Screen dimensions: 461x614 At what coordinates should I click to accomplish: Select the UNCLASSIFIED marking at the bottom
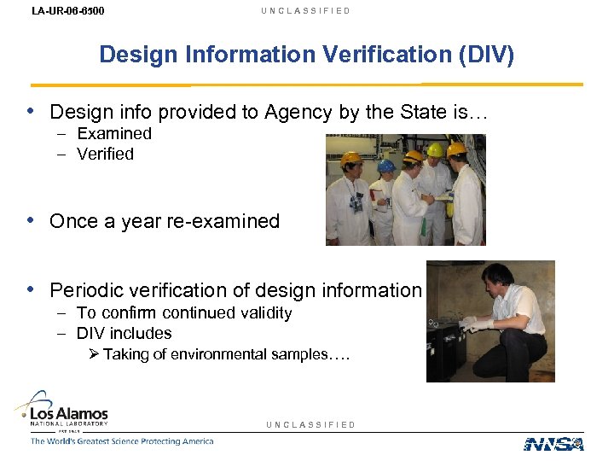click(x=310, y=424)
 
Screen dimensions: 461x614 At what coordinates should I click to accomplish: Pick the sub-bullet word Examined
click(x=114, y=133)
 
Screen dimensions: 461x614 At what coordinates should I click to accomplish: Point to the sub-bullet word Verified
click(x=106, y=154)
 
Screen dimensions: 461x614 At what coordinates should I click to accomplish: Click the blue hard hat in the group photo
click(x=387, y=165)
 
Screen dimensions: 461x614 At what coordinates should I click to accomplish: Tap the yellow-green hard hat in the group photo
click(x=435, y=150)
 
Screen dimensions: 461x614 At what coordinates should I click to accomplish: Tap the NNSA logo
click(x=553, y=443)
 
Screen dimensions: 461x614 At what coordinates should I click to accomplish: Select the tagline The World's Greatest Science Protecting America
click(x=122, y=441)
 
